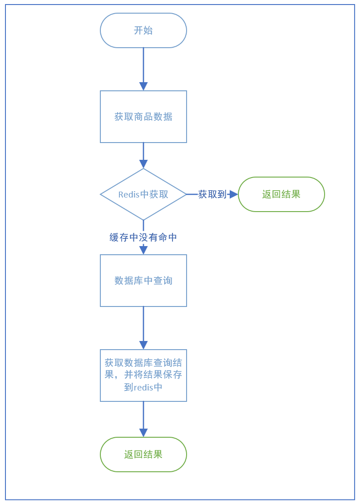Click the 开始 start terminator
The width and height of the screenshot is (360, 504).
coord(143,30)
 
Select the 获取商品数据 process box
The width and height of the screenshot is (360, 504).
coord(143,117)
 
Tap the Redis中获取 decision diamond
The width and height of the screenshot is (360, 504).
coord(143,194)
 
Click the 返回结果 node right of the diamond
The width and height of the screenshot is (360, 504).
coord(281,194)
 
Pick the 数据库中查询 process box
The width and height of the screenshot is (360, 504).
coord(143,281)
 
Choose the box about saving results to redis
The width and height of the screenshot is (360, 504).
coord(143,376)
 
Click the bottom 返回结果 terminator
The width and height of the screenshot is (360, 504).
coord(143,455)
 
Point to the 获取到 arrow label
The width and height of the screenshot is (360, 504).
coord(212,194)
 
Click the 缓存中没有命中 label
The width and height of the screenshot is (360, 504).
coord(143,237)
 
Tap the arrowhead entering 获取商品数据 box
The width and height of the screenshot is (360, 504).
coord(143,87)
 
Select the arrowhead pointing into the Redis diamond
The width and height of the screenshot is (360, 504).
coord(143,164)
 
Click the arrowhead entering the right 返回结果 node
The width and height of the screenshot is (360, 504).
coord(234,194)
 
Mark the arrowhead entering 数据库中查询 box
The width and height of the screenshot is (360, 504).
coord(143,250)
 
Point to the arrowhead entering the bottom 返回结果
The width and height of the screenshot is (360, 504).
coord(143,433)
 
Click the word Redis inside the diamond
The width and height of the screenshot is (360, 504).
coord(128,194)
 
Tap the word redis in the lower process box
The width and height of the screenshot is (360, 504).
coord(144,387)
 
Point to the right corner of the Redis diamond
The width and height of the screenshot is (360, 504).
coord(186,194)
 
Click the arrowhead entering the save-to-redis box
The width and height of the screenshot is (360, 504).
coord(143,345)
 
